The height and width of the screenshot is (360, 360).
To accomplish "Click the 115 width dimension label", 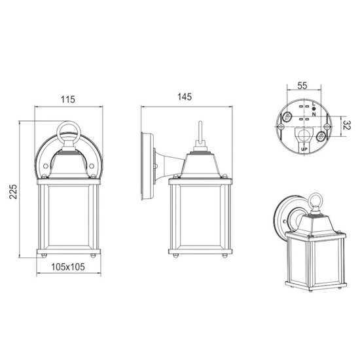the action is tap(67, 99).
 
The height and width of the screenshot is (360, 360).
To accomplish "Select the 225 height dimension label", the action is tap(13, 191).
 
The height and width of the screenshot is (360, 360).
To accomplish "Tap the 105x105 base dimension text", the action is tap(68, 267).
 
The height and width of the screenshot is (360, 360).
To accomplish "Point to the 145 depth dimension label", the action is tap(185, 97).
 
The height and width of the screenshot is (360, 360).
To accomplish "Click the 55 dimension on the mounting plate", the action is tap(302, 86).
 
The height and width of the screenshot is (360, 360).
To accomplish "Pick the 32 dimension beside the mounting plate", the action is tap(347, 126).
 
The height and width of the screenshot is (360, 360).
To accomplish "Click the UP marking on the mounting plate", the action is tap(304, 149).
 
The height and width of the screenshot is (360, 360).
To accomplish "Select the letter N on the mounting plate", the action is tap(314, 114).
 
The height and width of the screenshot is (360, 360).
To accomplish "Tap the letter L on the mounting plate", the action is tap(314, 104).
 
